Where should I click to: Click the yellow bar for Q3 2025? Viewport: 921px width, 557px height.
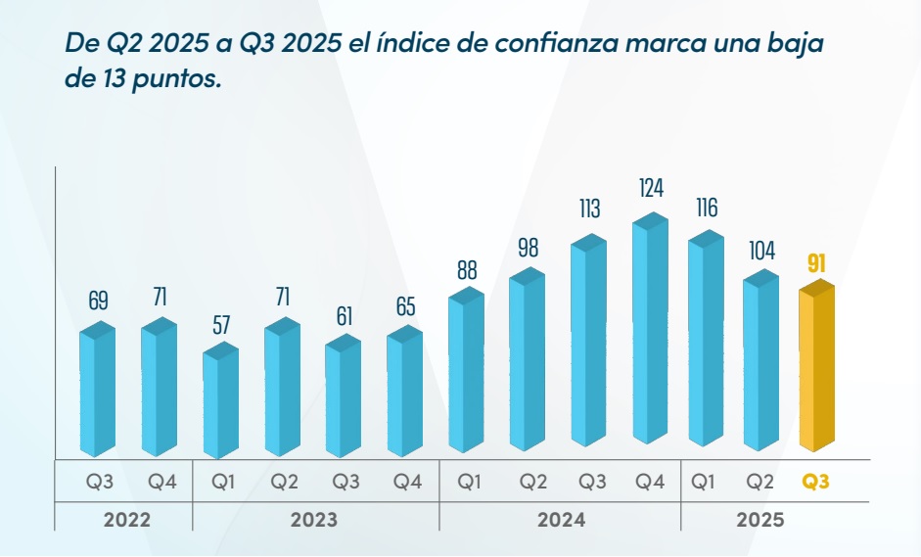[817, 372]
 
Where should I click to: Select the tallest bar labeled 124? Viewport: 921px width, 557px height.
[650, 333]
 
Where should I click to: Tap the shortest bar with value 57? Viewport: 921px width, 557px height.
[221, 401]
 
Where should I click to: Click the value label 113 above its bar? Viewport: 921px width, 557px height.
[589, 209]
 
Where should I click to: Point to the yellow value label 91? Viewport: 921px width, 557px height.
[817, 262]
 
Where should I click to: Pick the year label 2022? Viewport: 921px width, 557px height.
[127, 520]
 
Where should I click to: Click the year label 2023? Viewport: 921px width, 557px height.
[314, 520]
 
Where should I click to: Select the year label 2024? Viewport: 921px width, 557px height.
[561, 520]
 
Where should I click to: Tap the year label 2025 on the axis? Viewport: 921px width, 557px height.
[760, 520]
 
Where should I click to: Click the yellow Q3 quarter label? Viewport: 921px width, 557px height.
[816, 482]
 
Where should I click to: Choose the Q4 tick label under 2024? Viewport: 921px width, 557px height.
[650, 482]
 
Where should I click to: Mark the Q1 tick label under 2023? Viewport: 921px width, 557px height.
[221, 482]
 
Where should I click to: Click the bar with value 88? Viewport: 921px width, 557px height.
[467, 372]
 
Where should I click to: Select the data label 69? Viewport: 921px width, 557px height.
[98, 301]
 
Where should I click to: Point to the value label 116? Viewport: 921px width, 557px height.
[706, 208]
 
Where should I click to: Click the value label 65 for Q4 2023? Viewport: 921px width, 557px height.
[405, 307]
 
